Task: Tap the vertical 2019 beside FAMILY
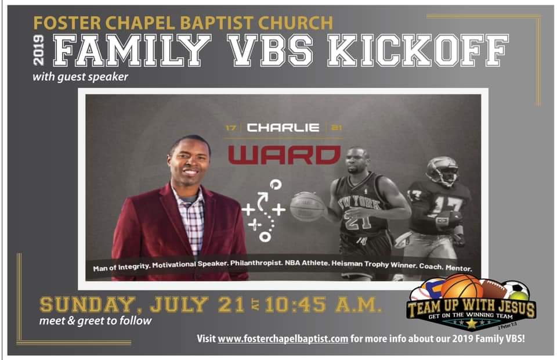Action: point(38,50)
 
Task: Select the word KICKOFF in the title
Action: point(418,50)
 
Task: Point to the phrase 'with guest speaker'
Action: point(80,77)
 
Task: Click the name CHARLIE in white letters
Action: point(283,128)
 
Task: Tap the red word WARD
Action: point(284,154)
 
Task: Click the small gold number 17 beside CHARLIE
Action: point(231,128)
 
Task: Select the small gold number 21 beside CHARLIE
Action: point(337,128)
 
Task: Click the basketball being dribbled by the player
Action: point(308,207)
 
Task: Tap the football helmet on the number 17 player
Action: point(443,171)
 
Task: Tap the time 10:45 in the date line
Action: point(295,305)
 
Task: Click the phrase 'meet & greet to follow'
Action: point(96,321)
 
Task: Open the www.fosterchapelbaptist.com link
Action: point(283,339)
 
